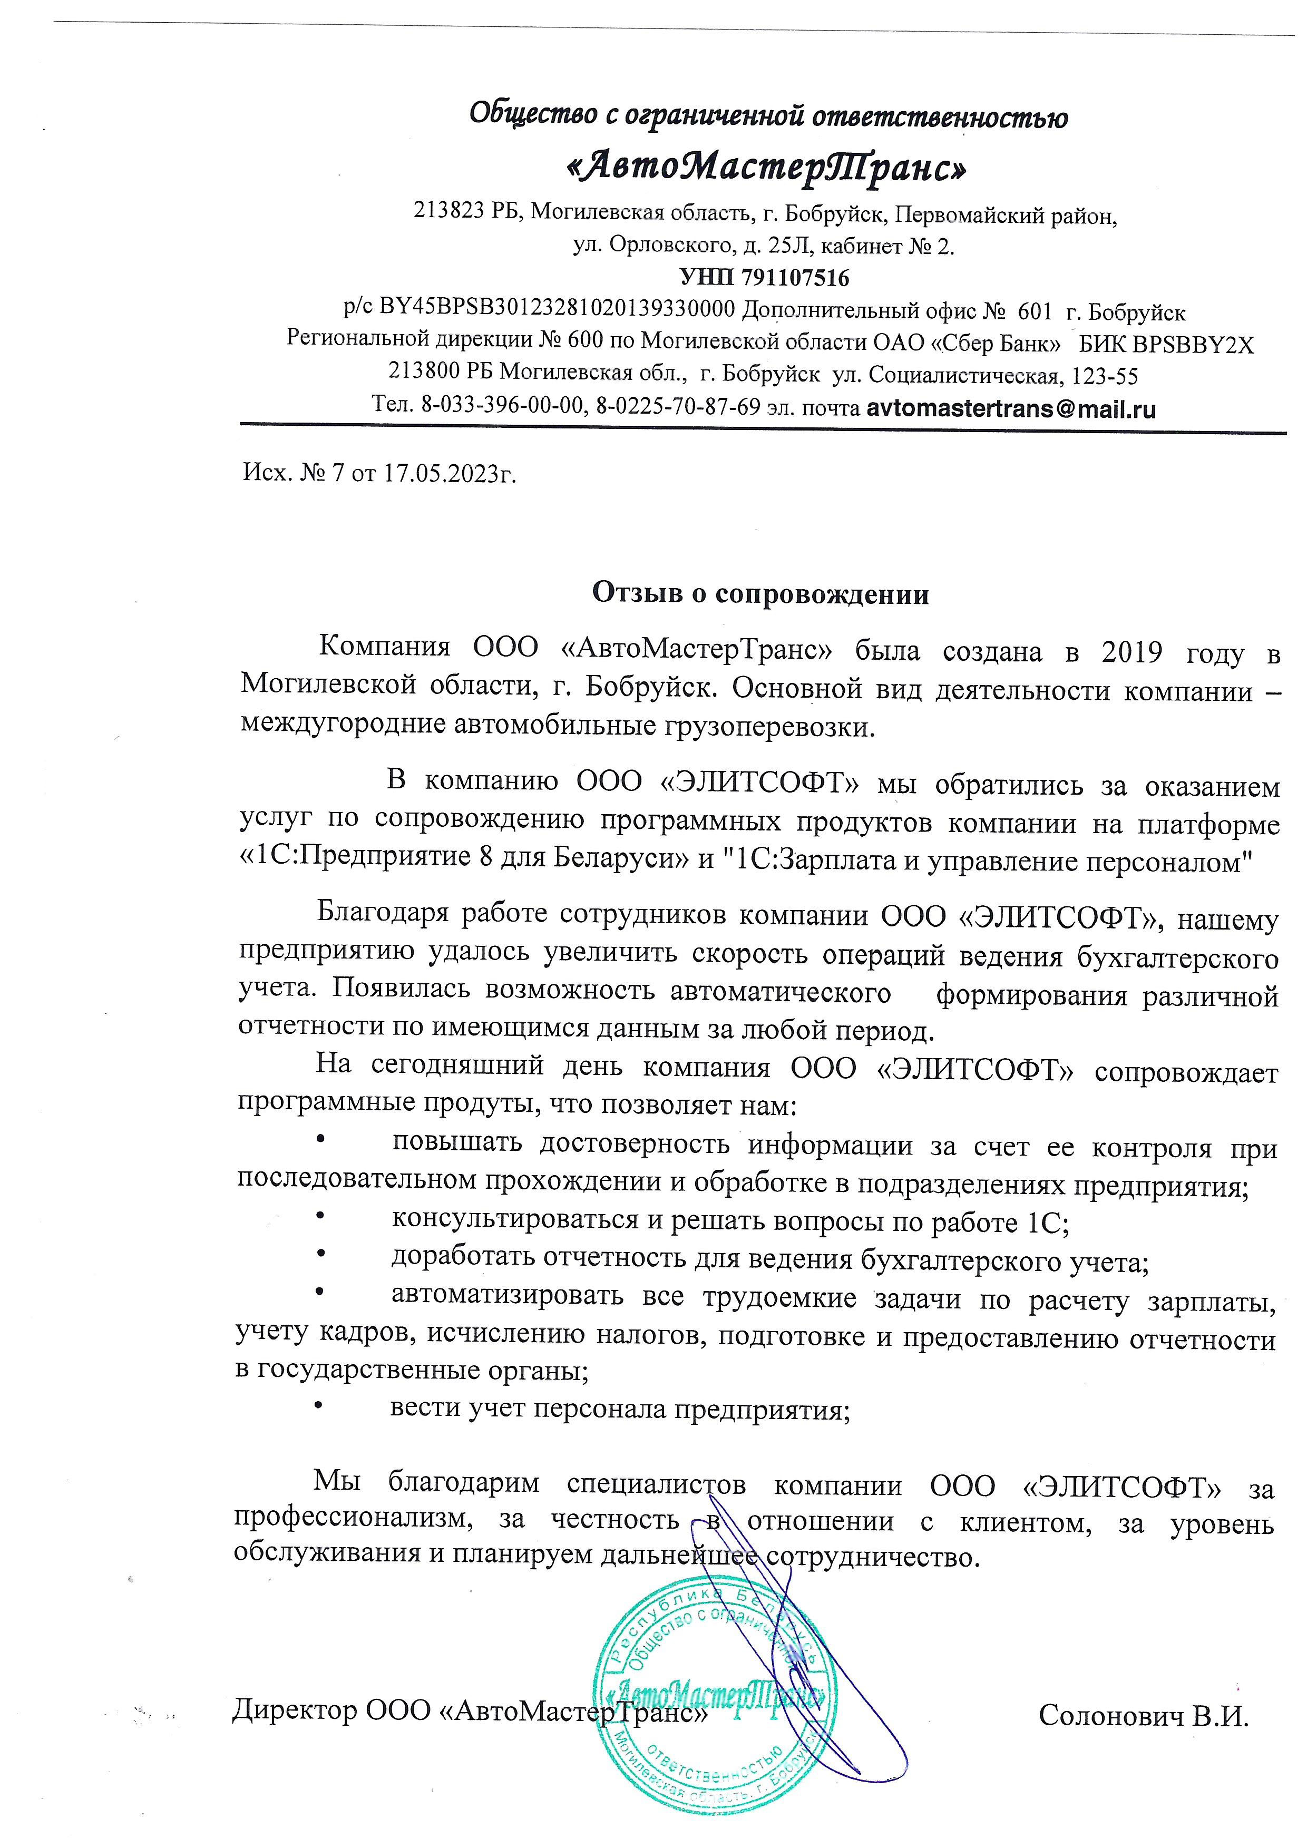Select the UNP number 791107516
(797, 278)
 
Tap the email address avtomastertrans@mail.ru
(1011, 408)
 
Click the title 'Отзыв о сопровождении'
(760, 594)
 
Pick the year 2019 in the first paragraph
(1133, 651)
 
